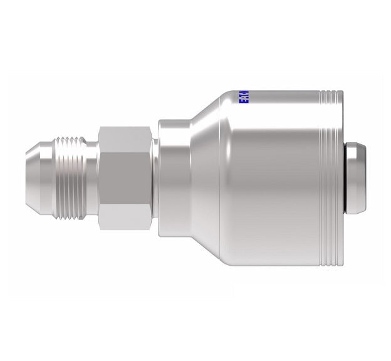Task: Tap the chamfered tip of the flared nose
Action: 31,179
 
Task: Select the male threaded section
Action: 73,179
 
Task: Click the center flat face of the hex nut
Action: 125,178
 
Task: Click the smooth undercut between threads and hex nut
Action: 94,179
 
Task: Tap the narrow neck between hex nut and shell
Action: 155,179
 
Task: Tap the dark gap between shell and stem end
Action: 346,179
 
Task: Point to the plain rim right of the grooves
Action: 338,179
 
